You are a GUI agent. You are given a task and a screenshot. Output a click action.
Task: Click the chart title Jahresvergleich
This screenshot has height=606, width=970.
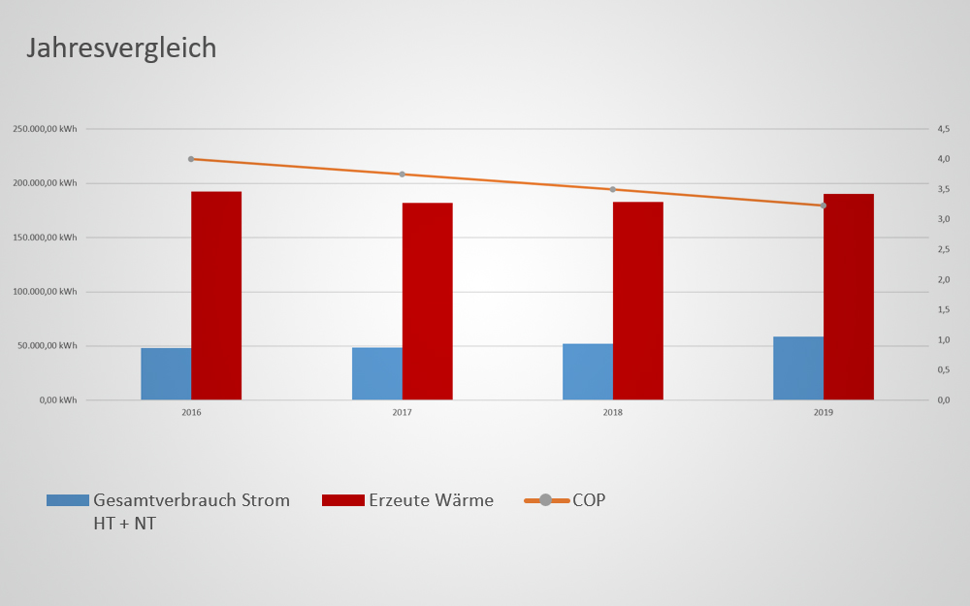pos(121,48)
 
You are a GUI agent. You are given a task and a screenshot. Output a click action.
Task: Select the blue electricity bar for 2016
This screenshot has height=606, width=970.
pos(166,373)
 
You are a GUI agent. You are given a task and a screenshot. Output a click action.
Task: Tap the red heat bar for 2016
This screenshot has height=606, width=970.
pos(216,296)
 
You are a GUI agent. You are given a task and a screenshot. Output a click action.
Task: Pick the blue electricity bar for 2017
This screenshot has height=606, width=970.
pos(377,373)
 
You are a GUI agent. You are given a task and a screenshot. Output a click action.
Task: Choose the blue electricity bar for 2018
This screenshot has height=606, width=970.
pos(588,371)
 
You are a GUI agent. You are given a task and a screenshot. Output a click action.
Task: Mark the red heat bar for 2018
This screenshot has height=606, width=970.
pos(638,301)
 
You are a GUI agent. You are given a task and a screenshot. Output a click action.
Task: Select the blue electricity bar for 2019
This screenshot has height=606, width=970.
pos(798,368)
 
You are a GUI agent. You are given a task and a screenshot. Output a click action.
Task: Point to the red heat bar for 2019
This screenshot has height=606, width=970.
pos(849,297)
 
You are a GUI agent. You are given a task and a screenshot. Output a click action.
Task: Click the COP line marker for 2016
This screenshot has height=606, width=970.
pos(191,159)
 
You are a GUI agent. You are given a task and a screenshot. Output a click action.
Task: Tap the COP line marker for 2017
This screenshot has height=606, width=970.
pos(402,175)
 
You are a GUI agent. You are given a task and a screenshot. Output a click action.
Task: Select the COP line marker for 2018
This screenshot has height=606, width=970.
pos(613,189)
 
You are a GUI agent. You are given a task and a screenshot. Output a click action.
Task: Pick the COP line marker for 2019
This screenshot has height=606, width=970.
pos(824,206)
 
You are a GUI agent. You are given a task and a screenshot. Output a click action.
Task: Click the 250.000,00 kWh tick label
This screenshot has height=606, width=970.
pos(45,129)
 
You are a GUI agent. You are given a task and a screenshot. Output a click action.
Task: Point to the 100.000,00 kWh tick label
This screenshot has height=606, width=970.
pos(45,292)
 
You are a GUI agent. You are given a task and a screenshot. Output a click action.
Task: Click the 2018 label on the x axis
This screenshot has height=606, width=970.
pos(613,412)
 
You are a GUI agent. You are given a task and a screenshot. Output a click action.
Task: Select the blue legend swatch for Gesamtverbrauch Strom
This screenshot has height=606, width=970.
pos(67,500)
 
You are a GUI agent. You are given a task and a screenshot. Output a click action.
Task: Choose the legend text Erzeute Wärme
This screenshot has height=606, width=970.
pos(431,500)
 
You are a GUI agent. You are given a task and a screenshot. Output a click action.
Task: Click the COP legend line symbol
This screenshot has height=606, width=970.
pos(545,500)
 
